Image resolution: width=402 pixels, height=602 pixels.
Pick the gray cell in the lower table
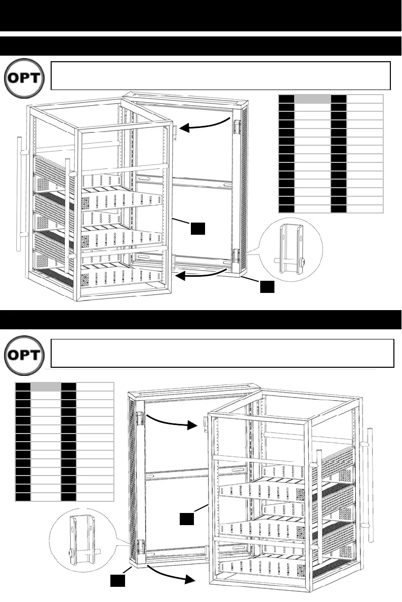click(46, 387)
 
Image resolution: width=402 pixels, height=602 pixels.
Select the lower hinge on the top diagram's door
click(236, 255)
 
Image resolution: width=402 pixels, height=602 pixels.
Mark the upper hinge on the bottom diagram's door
click(139, 418)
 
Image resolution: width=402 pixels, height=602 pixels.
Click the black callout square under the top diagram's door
click(267, 287)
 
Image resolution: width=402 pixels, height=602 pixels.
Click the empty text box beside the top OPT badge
click(221, 75)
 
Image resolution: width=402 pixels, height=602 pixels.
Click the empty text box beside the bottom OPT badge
click(222, 353)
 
